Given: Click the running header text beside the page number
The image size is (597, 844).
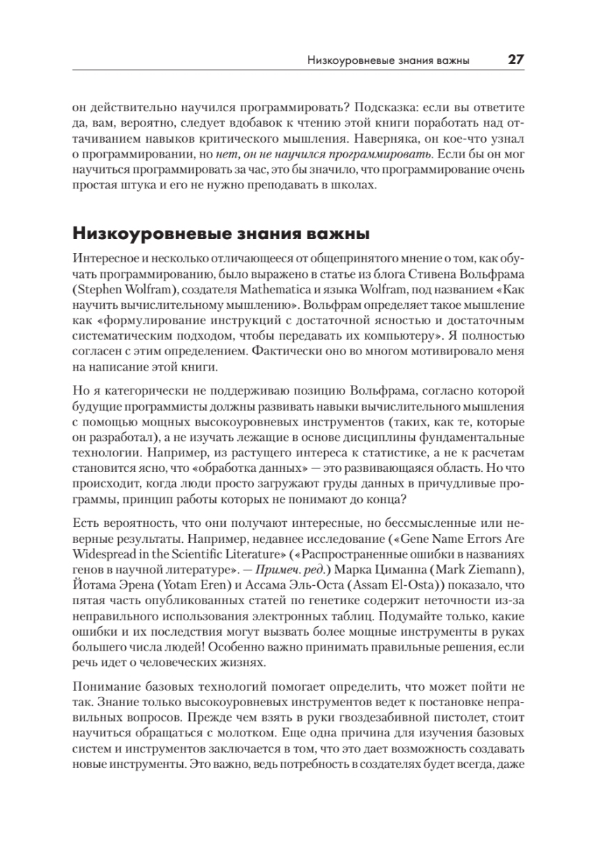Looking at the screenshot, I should pos(389,61).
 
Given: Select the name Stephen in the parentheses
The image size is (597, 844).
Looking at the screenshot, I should pos(99,288).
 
